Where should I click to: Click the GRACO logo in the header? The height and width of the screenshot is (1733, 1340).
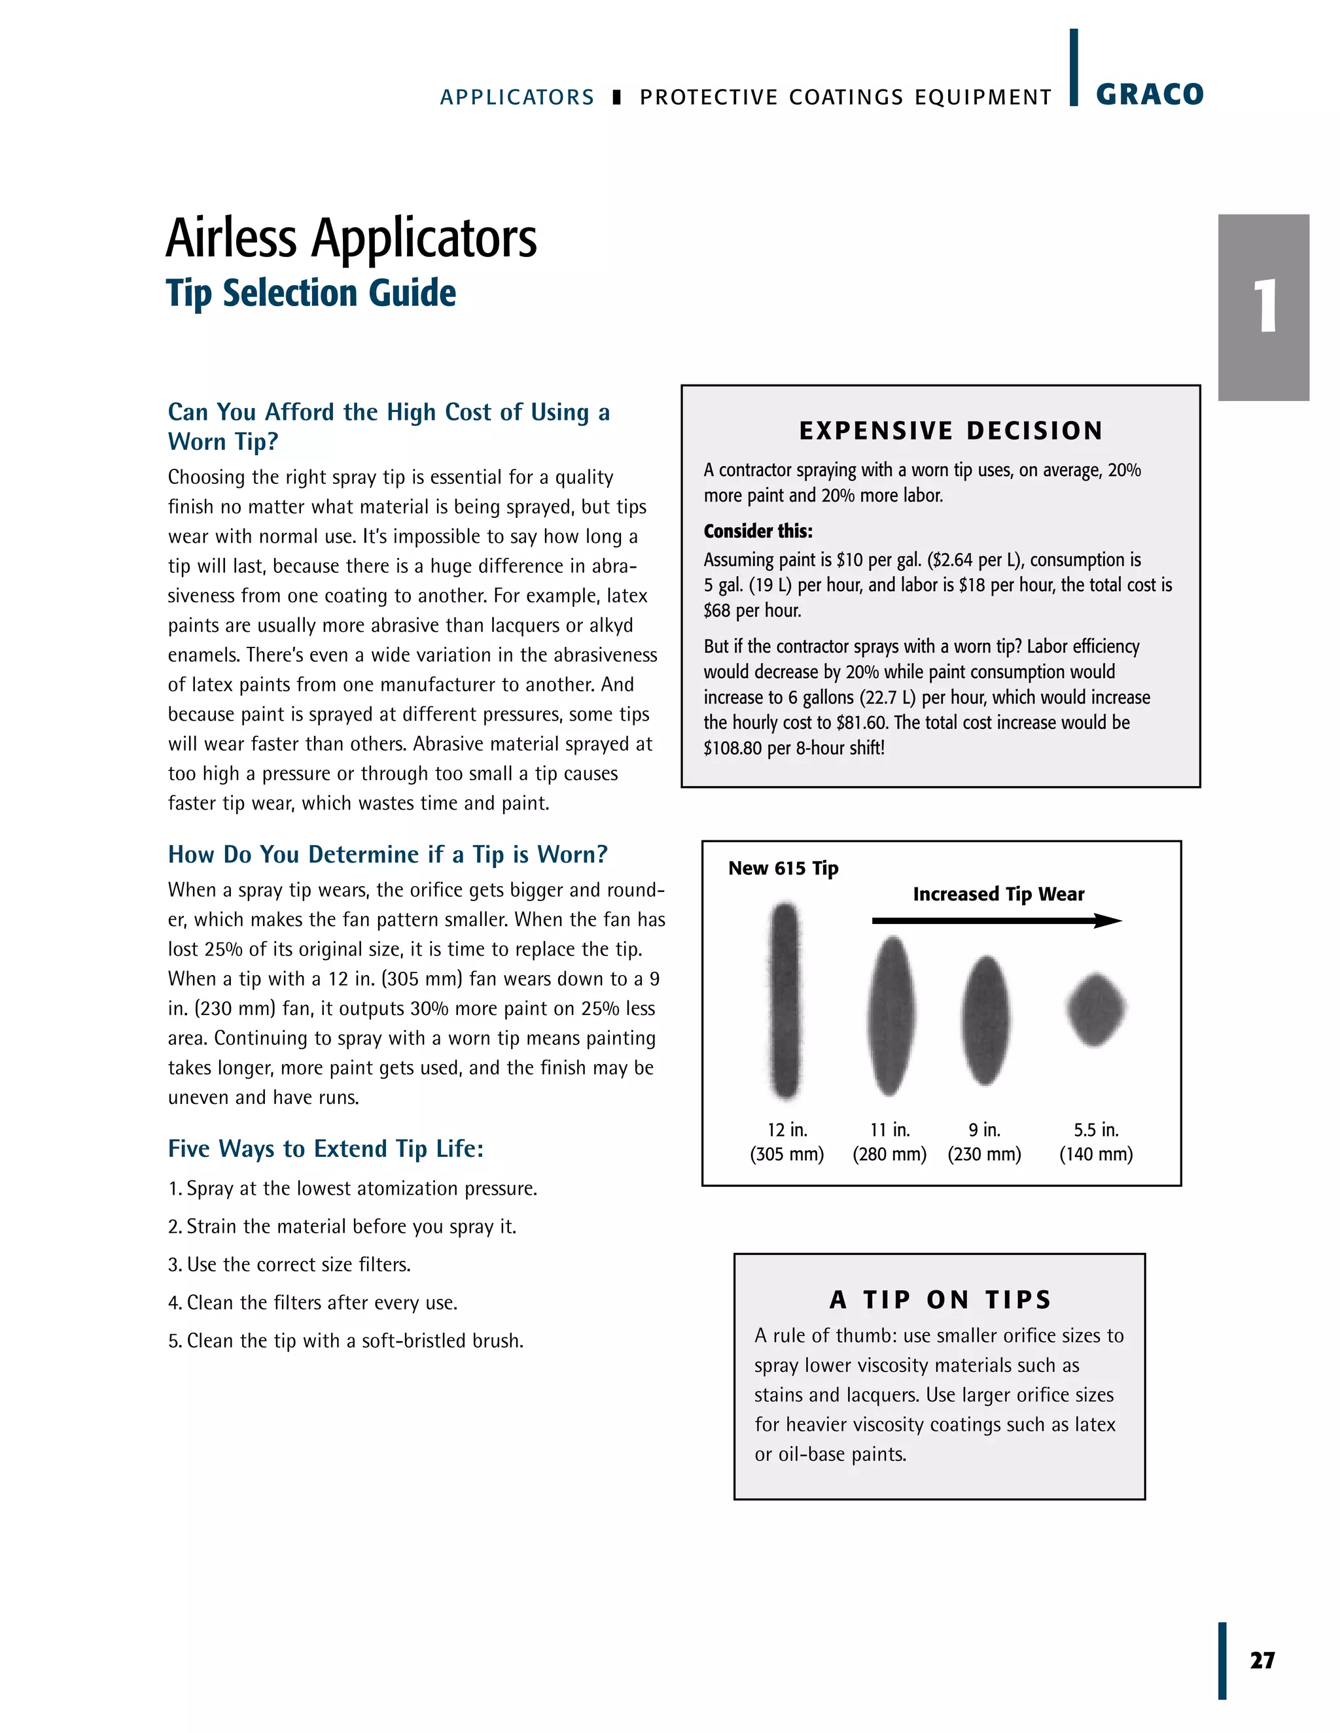(1149, 94)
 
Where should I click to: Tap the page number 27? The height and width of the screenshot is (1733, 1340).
(1262, 1660)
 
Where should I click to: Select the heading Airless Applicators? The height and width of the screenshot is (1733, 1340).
(351, 238)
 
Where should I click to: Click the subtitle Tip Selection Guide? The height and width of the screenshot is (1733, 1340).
(311, 293)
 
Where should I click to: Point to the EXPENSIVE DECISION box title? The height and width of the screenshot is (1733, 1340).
(951, 431)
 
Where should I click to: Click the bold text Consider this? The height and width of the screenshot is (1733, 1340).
(758, 531)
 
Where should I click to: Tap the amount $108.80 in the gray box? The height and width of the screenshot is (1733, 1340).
(732, 748)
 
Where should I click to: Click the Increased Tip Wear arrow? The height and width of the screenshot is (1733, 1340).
(996, 921)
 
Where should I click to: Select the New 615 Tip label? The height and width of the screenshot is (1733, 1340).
(783, 868)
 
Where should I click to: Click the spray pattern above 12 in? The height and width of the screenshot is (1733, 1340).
(785, 1001)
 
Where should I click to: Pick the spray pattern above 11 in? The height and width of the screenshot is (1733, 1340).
(890, 1016)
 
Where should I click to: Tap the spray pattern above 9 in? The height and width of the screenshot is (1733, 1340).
(985, 1020)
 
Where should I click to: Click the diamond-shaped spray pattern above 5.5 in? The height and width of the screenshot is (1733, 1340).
(1095, 1009)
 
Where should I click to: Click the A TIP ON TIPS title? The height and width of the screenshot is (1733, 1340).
(941, 1300)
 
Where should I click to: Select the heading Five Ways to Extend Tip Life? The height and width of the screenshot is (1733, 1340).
(325, 1148)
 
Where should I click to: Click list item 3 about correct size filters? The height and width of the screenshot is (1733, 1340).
(290, 1264)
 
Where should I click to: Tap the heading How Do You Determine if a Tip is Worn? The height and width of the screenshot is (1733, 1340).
(387, 854)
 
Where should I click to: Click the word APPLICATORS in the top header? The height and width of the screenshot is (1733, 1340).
(517, 97)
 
